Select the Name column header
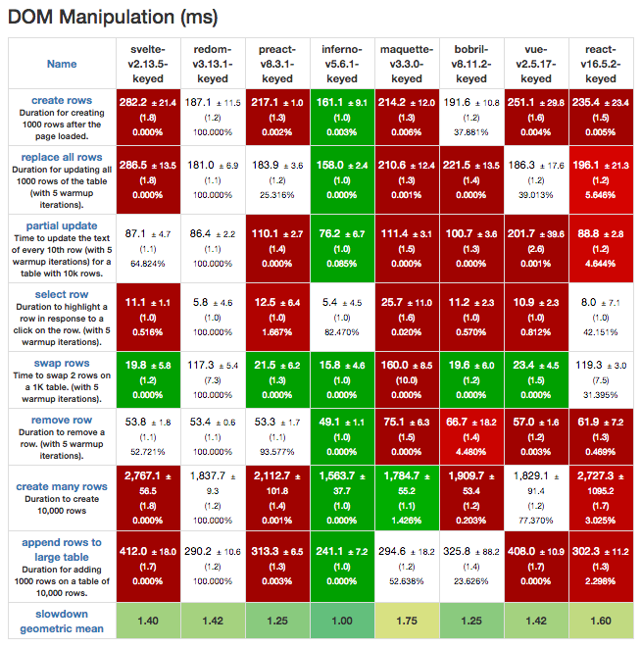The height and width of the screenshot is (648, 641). pyautogui.click(x=62, y=64)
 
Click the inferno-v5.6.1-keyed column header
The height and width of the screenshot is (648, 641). pyautogui.click(x=342, y=63)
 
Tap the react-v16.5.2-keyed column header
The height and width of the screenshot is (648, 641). pyautogui.click(x=601, y=63)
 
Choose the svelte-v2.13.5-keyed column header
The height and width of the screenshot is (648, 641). pyautogui.click(x=148, y=63)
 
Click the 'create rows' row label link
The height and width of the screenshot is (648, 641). pyautogui.click(x=62, y=100)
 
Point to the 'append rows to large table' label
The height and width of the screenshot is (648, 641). pyautogui.click(x=62, y=549)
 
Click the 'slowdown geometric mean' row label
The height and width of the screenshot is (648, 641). pyautogui.click(x=62, y=620)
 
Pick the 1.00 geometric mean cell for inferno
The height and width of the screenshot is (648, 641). pyautogui.click(x=342, y=621)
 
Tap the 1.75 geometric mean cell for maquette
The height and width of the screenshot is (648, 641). pyautogui.click(x=407, y=621)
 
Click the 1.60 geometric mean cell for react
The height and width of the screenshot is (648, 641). pyautogui.click(x=601, y=621)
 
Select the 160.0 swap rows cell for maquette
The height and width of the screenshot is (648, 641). pyautogui.click(x=407, y=379)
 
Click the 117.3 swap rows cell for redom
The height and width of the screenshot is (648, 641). pyautogui.click(x=213, y=379)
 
